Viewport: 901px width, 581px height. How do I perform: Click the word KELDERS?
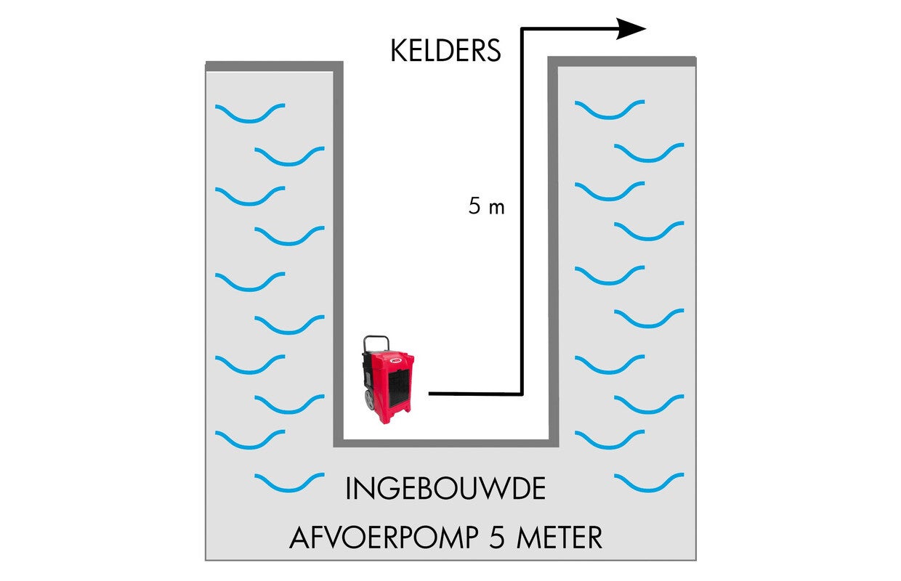pyautogui.click(x=445, y=52)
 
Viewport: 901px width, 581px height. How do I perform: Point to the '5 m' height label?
pyautogui.click(x=486, y=207)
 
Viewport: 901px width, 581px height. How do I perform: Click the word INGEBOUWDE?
pyautogui.click(x=445, y=489)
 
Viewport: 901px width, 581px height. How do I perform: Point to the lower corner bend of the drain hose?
pyautogui.click(x=522, y=394)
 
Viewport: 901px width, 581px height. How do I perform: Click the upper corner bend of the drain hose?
pyautogui.click(x=522, y=29)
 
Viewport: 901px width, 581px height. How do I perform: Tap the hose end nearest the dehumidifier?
pyautogui.click(x=431, y=394)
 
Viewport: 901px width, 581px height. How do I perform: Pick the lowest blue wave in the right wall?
pyautogui.click(x=649, y=483)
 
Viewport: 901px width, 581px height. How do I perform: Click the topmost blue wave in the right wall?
pyautogui.click(x=609, y=110)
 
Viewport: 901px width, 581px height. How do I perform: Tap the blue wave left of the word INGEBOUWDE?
pyautogui.click(x=289, y=483)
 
